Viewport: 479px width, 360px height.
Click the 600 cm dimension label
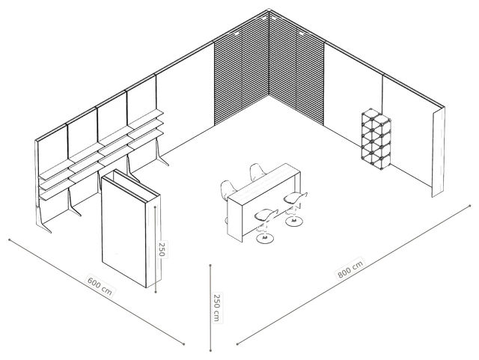pyautogui.click(x=100, y=287)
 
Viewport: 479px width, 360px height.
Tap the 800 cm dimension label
pyautogui.click(x=351, y=269)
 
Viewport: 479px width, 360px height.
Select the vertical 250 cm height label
pyautogui.click(x=216, y=308)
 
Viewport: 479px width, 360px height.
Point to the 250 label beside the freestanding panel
pyautogui.click(x=162, y=248)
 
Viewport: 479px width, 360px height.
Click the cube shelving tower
pyautogui.click(x=376, y=137)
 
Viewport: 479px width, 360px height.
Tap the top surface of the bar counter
pyautogui.click(x=264, y=181)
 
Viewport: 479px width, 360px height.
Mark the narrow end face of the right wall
pyautogui.click(x=439, y=152)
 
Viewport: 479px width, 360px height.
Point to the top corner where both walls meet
pyautogui.click(x=269, y=10)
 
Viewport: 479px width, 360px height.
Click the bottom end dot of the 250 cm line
pyautogui.click(x=210, y=350)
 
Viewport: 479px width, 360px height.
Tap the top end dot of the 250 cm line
pyautogui.click(x=210, y=265)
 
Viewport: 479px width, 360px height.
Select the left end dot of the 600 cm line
pyautogui.click(x=10, y=240)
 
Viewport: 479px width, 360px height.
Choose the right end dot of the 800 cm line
pyautogui.click(x=470, y=206)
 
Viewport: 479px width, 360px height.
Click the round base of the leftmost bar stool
pyautogui.click(x=265, y=238)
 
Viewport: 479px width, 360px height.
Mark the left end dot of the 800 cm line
pyautogui.click(x=237, y=344)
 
